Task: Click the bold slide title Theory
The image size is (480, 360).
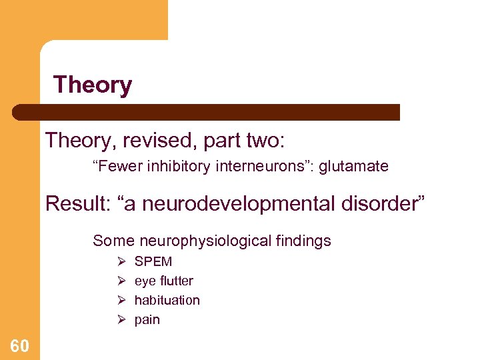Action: pyautogui.click(x=93, y=85)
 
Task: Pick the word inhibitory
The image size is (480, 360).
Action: pyautogui.click(x=178, y=167)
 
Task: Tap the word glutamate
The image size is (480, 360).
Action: pyautogui.click(x=354, y=167)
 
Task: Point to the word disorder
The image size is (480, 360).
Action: pyautogui.click(x=382, y=203)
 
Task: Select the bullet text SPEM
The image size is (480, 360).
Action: pyautogui.click(x=153, y=261)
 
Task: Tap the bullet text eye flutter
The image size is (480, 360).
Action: pyautogui.click(x=164, y=281)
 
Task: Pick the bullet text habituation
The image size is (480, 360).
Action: pyautogui.click(x=167, y=300)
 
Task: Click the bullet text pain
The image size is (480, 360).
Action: pyautogui.click(x=147, y=320)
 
